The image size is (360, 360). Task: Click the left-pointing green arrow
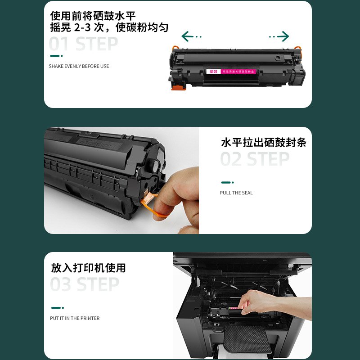tap(191, 36)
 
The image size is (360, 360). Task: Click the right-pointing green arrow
tap(279, 36)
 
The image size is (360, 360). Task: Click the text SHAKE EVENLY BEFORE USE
tap(79, 67)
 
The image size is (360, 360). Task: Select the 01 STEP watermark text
tap(83, 45)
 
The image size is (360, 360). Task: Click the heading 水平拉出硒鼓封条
tap(264, 143)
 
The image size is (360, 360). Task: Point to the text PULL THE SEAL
tap(236, 193)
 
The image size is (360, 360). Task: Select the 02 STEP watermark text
tap(255, 160)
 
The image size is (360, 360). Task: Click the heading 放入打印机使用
tap(88, 268)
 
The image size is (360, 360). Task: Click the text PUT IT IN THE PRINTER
tap(75, 319)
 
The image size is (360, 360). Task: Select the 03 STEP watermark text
tap(84, 285)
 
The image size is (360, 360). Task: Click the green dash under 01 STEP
tap(56, 56)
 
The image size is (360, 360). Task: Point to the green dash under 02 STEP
tap(227, 182)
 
